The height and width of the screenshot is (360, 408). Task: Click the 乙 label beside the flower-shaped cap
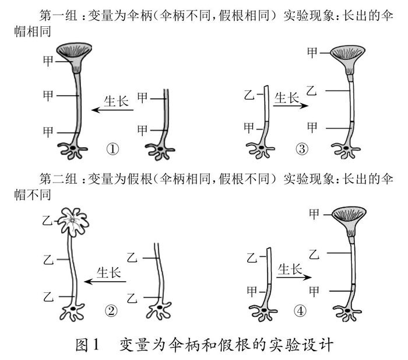(47, 220)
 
